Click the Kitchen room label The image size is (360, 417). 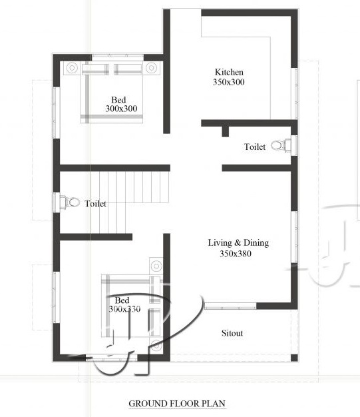click(x=229, y=72)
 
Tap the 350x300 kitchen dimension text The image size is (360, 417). click(x=228, y=82)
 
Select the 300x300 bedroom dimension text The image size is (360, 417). click(x=121, y=109)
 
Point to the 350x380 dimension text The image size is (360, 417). click(x=236, y=253)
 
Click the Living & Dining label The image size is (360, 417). click(x=238, y=243)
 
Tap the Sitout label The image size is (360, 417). click(x=232, y=333)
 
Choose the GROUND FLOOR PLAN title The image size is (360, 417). click(x=177, y=404)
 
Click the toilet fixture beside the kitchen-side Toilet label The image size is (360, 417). click(x=281, y=145)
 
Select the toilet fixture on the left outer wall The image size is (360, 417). click(x=70, y=203)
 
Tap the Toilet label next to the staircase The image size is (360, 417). click(x=95, y=204)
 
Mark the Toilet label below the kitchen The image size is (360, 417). click(x=255, y=147)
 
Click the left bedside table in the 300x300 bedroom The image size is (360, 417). click(x=72, y=68)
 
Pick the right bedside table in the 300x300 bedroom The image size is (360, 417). click(x=152, y=68)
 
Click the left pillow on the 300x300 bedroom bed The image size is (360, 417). click(x=95, y=69)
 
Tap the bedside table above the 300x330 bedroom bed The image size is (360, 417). click(x=156, y=265)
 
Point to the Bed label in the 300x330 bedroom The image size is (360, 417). click(x=122, y=300)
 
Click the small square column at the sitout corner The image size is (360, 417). click(x=294, y=358)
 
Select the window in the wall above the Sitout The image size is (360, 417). click(x=230, y=306)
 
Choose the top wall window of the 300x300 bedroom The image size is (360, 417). click(x=118, y=56)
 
